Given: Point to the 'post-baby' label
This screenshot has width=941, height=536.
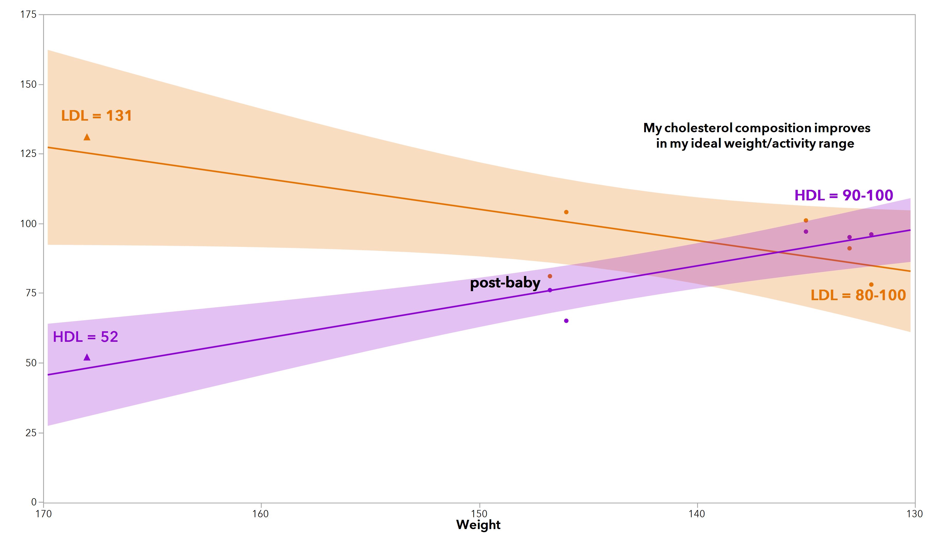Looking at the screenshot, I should coord(505,283).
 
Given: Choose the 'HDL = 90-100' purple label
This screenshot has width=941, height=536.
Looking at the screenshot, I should coord(844,195).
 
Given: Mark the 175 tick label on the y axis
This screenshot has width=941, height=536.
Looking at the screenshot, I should coord(28,15).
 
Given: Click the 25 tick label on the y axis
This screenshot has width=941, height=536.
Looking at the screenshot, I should coord(31,433).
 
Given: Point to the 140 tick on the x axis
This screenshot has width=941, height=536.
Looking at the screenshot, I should coord(697,514).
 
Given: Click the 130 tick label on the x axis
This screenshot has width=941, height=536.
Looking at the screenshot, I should coord(915,514).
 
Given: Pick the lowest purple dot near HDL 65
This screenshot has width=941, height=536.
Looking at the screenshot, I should coord(566,321).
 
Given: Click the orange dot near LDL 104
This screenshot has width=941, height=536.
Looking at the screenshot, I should coord(566,212).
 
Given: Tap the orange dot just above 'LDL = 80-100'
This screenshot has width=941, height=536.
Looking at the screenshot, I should coord(871,284).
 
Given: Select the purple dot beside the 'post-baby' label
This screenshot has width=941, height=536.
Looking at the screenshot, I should coord(550,290).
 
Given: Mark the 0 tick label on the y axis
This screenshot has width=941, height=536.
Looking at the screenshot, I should coord(34,502).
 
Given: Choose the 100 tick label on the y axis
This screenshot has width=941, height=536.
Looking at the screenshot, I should coord(28,224).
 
